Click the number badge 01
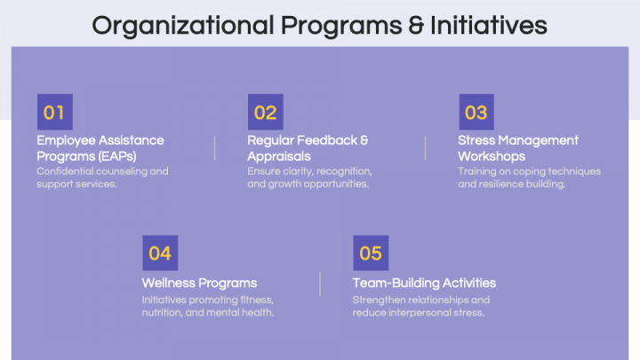(x=54, y=113)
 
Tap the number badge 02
(x=265, y=113)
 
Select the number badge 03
(x=476, y=113)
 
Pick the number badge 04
(x=160, y=253)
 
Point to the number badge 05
(x=371, y=253)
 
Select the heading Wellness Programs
(x=199, y=283)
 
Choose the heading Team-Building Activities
(x=424, y=283)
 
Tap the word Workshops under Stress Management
(x=492, y=156)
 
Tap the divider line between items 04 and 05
(x=320, y=284)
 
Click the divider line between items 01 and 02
(x=214, y=148)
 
